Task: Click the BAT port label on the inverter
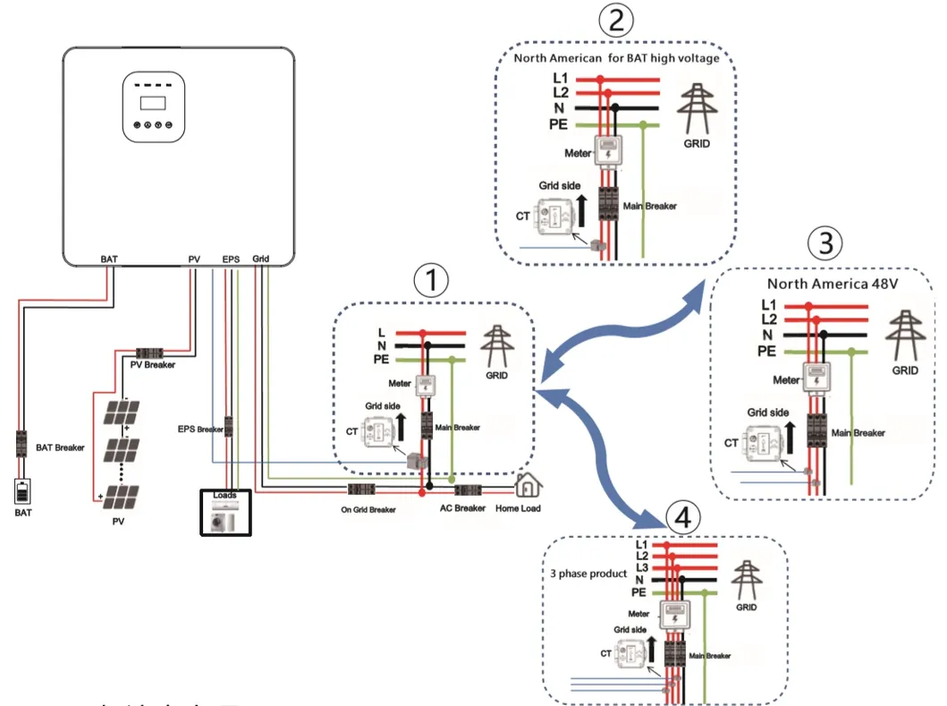(108, 259)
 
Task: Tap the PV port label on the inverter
(194, 259)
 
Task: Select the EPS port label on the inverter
(231, 259)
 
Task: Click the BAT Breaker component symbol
(21, 445)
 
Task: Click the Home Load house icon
(529, 486)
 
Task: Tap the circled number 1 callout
(430, 281)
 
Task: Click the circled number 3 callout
(824, 242)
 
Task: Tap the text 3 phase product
(590, 573)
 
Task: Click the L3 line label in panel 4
(641, 568)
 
